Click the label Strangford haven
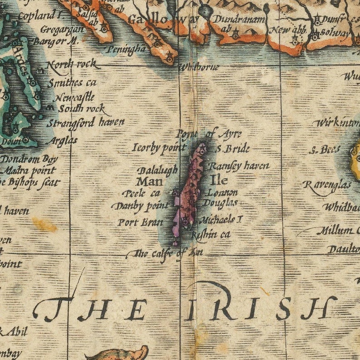pyautogui.click(x=86, y=122)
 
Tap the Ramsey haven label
pyautogui.click(x=239, y=166)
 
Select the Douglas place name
pyautogui.click(x=220, y=203)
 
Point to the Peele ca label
pyautogui.click(x=141, y=193)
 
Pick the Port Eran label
pyautogui.click(x=134, y=222)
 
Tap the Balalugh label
pyautogui.click(x=158, y=171)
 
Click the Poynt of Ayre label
pyautogui.click(x=209, y=134)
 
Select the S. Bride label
pyautogui.click(x=233, y=148)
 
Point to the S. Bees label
pyautogui.click(x=325, y=150)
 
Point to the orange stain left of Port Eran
pyautogui.click(x=44, y=224)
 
